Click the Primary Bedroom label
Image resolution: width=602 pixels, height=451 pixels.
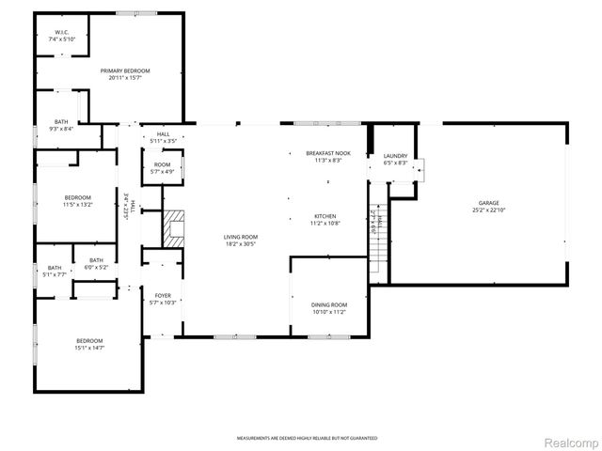click(x=125, y=70)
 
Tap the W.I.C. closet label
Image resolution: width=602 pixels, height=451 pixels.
click(x=61, y=33)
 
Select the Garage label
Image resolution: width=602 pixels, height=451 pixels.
click(x=488, y=203)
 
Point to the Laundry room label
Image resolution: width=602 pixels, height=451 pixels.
click(x=395, y=156)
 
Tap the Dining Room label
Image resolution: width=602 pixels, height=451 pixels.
click(x=328, y=304)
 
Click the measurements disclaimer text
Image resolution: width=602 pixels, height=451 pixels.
click(x=307, y=438)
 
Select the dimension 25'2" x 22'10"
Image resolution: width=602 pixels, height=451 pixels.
click(x=488, y=210)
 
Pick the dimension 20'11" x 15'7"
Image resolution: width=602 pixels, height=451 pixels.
click(x=125, y=78)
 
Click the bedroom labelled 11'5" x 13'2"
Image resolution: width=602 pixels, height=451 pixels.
click(x=77, y=201)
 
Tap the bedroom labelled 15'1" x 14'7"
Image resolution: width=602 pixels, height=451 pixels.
click(x=90, y=344)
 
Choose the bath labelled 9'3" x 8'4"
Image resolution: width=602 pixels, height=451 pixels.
click(x=61, y=125)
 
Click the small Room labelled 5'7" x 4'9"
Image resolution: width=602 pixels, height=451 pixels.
click(x=163, y=168)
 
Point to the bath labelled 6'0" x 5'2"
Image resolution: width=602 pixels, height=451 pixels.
click(x=96, y=264)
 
